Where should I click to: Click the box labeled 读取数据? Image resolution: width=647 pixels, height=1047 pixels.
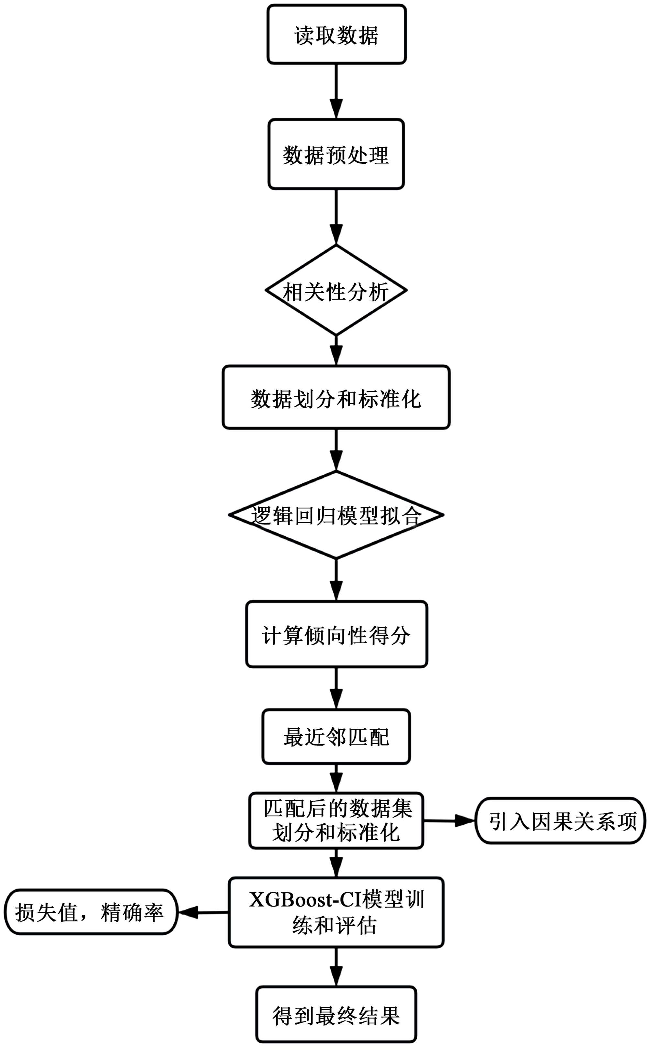[336, 35]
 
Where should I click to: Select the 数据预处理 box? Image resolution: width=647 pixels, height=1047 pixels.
[336, 154]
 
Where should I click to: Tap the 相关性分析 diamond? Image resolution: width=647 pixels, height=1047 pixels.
[336, 291]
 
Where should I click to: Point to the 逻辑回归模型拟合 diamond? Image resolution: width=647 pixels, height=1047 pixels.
[336, 515]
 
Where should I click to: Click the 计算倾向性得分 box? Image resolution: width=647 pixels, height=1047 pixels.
[336, 634]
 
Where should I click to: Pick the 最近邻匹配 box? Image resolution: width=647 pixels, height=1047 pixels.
[336, 736]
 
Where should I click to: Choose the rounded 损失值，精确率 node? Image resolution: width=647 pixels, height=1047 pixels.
[91, 913]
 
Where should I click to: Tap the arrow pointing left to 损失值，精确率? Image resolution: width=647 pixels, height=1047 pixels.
[203, 913]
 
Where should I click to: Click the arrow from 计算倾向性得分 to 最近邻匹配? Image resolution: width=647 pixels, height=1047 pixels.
[336, 688]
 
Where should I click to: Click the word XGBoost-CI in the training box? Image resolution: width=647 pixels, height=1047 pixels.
[299, 900]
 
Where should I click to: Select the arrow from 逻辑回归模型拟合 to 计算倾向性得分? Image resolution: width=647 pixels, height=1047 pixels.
[336, 580]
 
